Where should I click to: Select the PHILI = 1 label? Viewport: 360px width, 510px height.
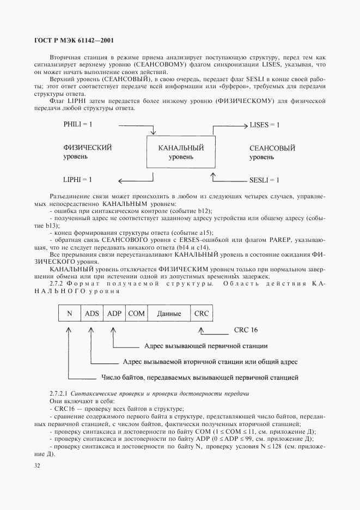pos(78,125)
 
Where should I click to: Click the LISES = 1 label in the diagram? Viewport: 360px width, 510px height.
pos(265,125)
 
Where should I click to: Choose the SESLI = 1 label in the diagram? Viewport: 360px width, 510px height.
pos(264,179)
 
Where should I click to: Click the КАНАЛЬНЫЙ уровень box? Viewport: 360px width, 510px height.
pos(181,152)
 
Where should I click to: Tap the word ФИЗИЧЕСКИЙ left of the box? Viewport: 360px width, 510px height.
pos(88,148)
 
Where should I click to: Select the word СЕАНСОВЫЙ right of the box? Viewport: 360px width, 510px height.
pos(272,148)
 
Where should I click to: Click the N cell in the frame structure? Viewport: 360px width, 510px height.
pos(69,313)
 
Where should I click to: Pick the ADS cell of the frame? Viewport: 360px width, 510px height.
pos(92,313)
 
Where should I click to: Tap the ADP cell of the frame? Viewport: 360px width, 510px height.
pos(114,313)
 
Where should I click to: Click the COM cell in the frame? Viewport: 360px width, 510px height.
pos(136,313)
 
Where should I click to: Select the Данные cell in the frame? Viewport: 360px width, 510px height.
pos(169,313)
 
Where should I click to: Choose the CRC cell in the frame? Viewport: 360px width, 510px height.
pos(202,313)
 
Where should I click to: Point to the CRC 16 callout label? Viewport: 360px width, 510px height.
pos(246,330)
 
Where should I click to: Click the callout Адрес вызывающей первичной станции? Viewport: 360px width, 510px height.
pos(205,345)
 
